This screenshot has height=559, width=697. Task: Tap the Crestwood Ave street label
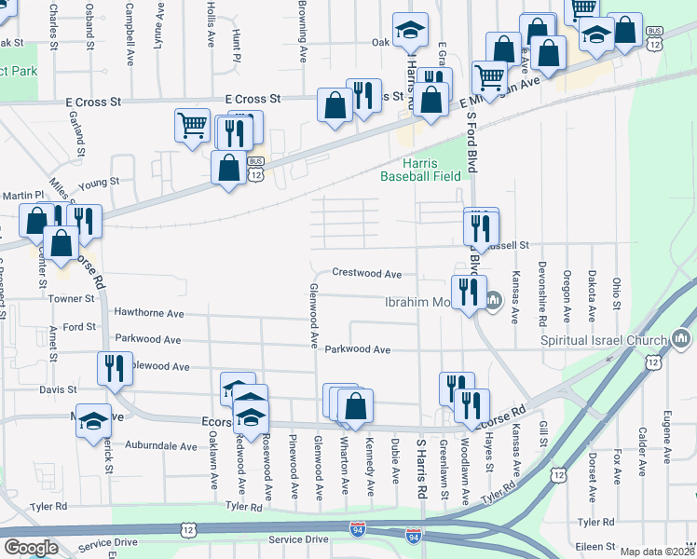(368, 274)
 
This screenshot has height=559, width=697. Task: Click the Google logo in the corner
(31, 547)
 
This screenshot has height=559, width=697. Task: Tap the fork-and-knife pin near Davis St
(115, 367)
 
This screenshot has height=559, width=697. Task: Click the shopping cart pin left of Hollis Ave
(192, 123)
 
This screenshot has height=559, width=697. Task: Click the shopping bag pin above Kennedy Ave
(354, 405)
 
